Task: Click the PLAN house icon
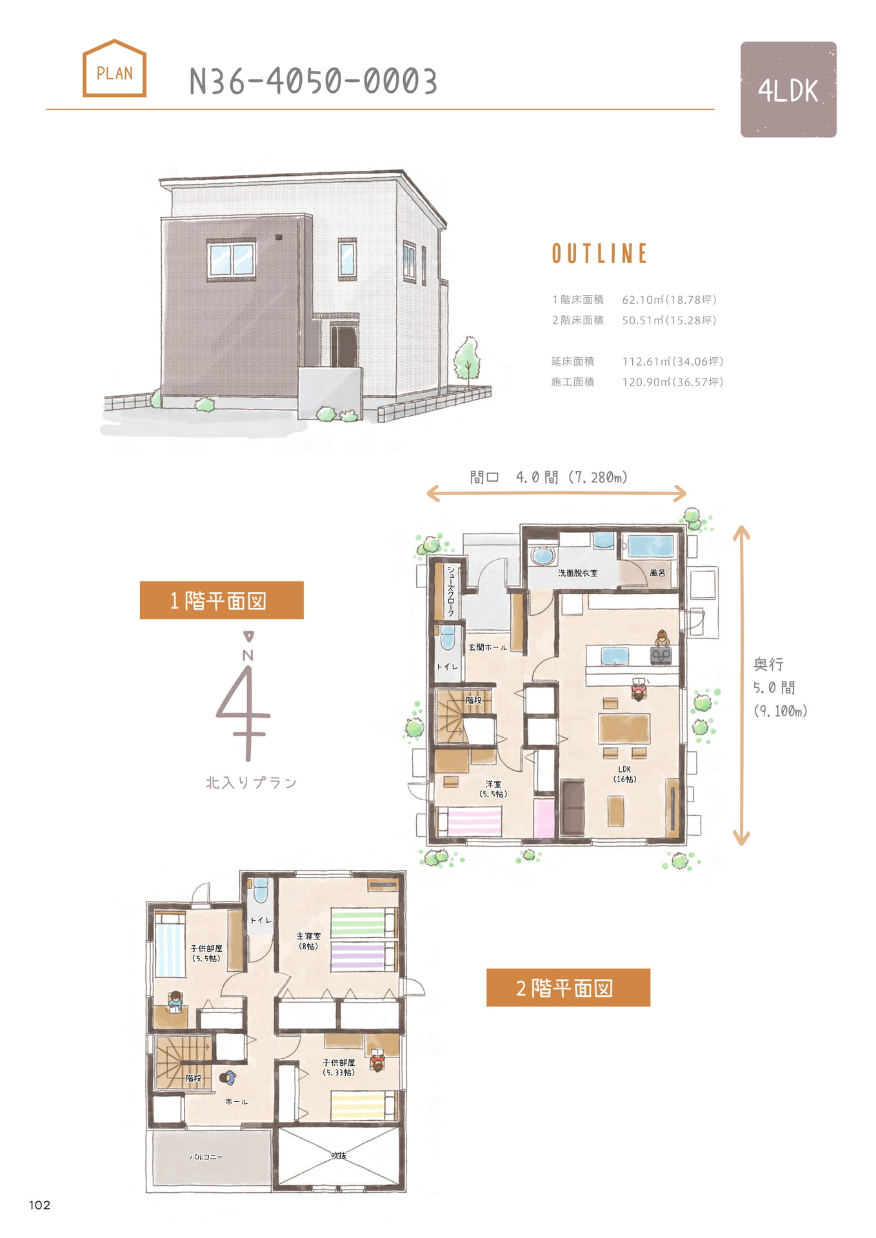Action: tap(114, 68)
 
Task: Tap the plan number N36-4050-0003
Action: tap(314, 82)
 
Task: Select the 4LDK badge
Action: tap(788, 90)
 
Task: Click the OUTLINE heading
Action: tap(599, 253)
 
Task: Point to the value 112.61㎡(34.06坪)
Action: tap(672, 362)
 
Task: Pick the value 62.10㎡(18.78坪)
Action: tap(669, 300)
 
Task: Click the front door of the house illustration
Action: tap(345, 347)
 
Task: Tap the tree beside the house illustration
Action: tap(466, 360)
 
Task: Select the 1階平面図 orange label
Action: tap(222, 600)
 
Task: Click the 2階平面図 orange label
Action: tap(568, 987)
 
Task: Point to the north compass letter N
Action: tap(248, 656)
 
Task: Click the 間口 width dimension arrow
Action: tap(556, 494)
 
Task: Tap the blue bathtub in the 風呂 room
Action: tap(651, 547)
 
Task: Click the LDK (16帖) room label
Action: tap(624, 774)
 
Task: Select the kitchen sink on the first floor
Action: tap(615, 656)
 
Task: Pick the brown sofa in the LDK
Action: tap(572, 807)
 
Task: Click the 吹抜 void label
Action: tap(339, 1155)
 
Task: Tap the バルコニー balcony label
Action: tap(206, 1157)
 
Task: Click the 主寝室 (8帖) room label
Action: tap(308, 941)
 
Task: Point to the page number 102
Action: tap(39, 1204)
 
